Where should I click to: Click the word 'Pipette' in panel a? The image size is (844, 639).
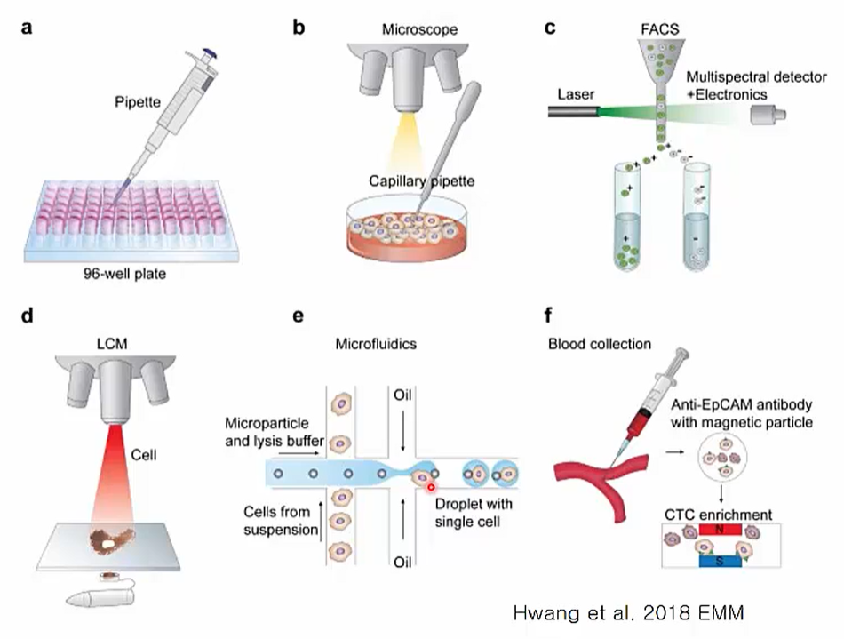coord(138,103)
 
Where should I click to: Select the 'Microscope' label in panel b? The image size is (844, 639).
coord(421,30)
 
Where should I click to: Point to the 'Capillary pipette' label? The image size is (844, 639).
coord(422,181)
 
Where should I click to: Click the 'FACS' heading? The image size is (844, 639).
coord(658,29)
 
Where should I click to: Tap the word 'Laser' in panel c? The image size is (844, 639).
coord(576,92)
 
